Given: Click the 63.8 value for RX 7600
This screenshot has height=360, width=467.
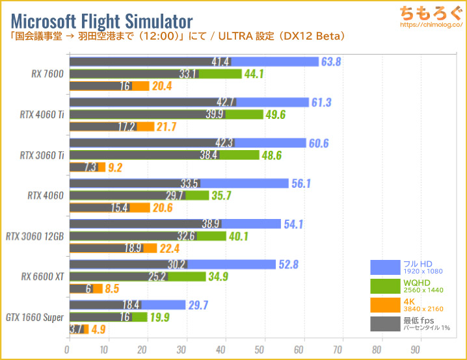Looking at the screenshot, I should click(332, 62).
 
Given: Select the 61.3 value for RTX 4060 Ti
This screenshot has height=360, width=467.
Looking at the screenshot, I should click(321, 103).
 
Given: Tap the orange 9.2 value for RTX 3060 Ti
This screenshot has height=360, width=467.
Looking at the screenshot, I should click(116, 167).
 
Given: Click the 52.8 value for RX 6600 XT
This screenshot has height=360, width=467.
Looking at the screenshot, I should click(288, 264).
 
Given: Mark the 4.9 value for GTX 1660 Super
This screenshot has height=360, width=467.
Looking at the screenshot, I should click(99, 329).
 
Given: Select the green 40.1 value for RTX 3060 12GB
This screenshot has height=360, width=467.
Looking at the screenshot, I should click(239, 236).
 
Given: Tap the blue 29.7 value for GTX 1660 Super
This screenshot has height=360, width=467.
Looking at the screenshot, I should click(198, 305).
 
